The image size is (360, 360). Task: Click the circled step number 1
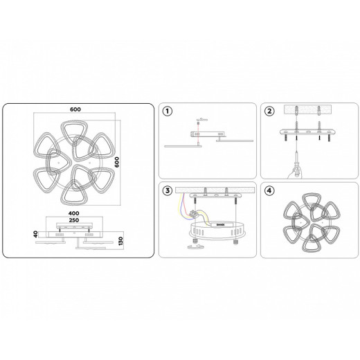coord(166,111)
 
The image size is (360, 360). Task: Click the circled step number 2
coord(269,111)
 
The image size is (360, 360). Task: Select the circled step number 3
coord(166,192)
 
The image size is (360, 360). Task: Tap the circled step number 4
coord(269,192)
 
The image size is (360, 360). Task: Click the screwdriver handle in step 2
coord(296,168)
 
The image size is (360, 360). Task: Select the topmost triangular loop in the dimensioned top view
coord(69,130)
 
